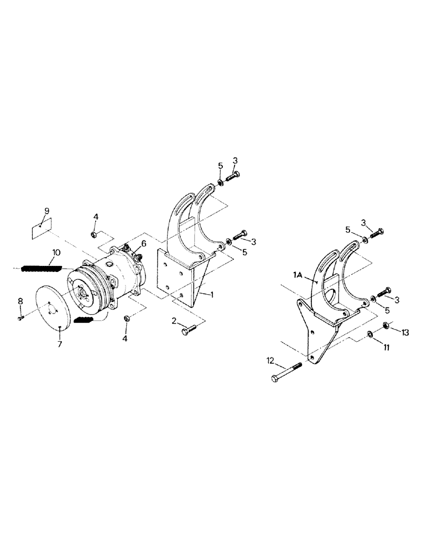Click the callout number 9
pyautogui.click(x=46, y=211)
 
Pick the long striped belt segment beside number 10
pyautogui.click(x=41, y=269)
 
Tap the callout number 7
pyautogui.click(x=60, y=344)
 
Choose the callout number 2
pyautogui.click(x=174, y=321)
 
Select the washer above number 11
pyautogui.click(x=368, y=334)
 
